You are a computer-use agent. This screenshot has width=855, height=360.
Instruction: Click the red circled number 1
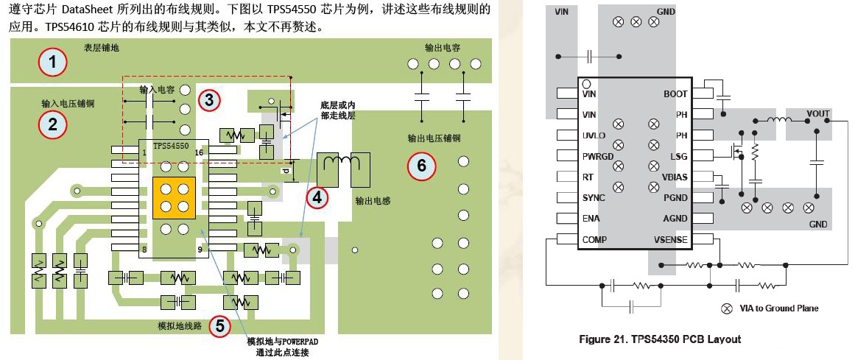(x=52, y=62)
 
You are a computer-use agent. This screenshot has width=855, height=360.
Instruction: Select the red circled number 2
(x=52, y=124)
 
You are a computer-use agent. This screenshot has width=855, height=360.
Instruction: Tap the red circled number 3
(x=209, y=99)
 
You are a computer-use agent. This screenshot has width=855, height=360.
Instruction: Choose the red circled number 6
(x=421, y=166)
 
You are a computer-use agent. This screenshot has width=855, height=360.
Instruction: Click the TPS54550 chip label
(x=171, y=147)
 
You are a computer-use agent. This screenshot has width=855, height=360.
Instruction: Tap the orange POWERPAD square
(x=173, y=197)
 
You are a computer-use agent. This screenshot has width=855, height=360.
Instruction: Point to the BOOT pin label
(x=675, y=94)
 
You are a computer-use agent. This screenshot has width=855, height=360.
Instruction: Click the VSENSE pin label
(x=670, y=240)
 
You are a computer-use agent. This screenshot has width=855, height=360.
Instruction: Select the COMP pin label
(x=595, y=240)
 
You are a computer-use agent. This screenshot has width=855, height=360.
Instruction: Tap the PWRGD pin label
(x=598, y=156)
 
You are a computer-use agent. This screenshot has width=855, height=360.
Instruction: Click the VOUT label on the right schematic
(x=817, y=114)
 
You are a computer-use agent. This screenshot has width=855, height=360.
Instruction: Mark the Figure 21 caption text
(x=659, y=339)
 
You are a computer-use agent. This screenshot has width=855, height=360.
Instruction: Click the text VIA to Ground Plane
(x=778, y=308)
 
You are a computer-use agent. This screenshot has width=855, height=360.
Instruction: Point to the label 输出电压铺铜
(x=434, y=138)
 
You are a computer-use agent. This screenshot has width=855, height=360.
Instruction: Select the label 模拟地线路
(x=180, y=325)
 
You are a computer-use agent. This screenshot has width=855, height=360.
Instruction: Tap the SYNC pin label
(x=594, y=198)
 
